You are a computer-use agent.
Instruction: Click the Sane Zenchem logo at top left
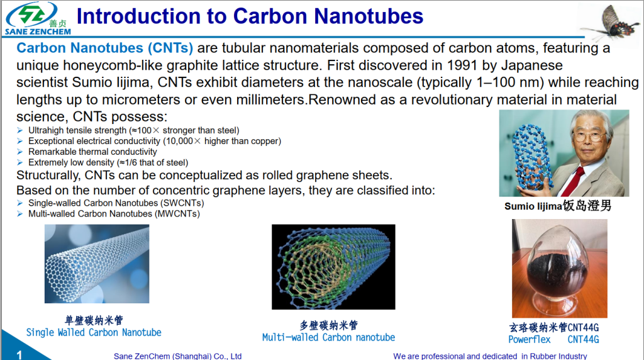pyautogui.click(x=36, y=19)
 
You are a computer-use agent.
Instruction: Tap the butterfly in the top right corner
pyautogui.click(x=607, y=21)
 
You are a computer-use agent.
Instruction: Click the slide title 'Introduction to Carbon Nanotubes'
pyautogui.click(x=250, y=16)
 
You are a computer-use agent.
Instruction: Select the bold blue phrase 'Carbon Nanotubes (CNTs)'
pyautogui.click(x=104, y=48)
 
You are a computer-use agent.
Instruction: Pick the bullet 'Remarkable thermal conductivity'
pyautogui.click(x=92, y=152)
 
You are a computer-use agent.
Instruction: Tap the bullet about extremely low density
pyautogui.click(x=108, y=162)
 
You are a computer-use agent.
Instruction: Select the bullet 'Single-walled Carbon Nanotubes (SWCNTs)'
pyautogui.click(x=116, y=203)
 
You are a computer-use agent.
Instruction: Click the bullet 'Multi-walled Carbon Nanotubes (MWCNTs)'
pyautogui.click(x=114, y=214)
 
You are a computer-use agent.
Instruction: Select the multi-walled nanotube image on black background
pyautogui.click(x=333, y=267)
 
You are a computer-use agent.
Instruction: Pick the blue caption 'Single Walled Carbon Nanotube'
pyautogui.click(x=94, y=332)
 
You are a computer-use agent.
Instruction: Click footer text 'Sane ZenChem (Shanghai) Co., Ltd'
pyautogui.click(x=177, y=356)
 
